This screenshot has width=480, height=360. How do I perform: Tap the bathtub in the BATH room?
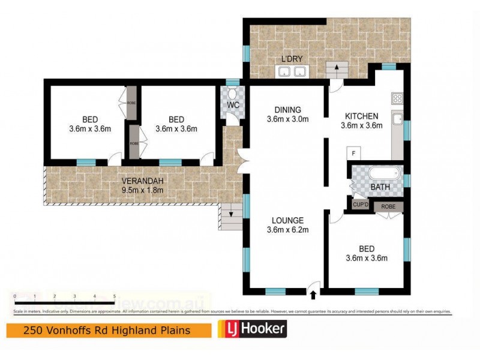[x=383, y=174]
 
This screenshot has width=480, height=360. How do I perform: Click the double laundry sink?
[x=291, y=72]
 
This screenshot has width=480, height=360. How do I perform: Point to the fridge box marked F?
[x=354, y=154]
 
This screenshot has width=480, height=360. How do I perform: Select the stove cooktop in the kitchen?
[x=397, y=98]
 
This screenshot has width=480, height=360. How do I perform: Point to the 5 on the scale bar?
[x=114, y=296]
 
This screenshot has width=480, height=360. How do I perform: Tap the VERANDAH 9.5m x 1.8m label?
[x=142, y=186]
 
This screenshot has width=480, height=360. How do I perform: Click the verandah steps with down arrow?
[x=231, y=215]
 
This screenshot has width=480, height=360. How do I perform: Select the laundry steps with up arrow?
[x=336, y=69]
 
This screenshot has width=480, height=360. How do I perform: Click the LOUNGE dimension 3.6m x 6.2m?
[x=286, y=229]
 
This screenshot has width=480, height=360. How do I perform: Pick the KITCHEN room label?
[x=360, y=116]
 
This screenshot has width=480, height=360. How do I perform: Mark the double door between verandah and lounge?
[x=241, y=161]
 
